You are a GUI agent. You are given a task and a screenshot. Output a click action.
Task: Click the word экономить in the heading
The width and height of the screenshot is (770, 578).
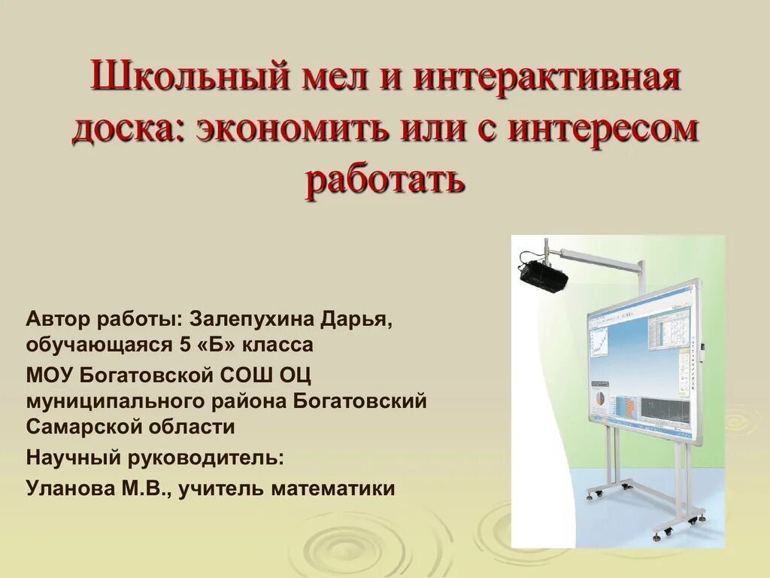tap(294, 129)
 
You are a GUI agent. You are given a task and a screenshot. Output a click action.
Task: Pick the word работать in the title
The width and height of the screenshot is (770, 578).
tap(384, 180)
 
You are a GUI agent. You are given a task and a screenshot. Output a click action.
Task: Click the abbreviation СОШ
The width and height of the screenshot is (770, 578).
tap(247, 374)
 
